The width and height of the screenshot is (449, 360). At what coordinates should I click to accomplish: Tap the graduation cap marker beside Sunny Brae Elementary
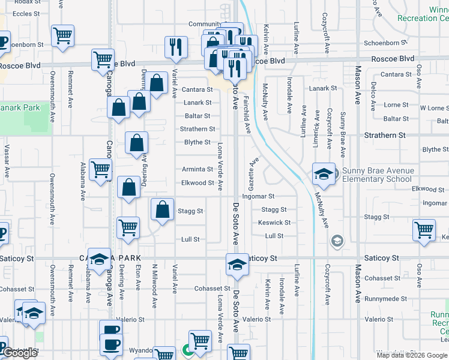click(x=324, y=174)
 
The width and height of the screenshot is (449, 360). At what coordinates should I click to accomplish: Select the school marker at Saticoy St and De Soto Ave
click(x=237, y=265)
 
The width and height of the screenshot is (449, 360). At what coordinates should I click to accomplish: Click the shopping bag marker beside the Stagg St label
click(x=162, y=210)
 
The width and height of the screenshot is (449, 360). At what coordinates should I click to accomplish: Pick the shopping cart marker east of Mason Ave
click(x=424, y=230)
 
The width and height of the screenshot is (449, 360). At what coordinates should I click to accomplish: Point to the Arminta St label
click(x=197, y=170)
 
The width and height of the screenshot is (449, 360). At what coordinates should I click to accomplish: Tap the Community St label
click(x=205, y=24)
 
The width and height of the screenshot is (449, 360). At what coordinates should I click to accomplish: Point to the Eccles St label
click(x=26, y=13)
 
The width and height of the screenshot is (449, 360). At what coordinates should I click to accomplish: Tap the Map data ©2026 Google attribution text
click(x=411, y=355)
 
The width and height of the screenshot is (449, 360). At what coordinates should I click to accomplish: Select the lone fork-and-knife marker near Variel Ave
click(x=175, y=47)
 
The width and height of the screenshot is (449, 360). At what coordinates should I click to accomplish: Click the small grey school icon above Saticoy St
click(x=337, y=241)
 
